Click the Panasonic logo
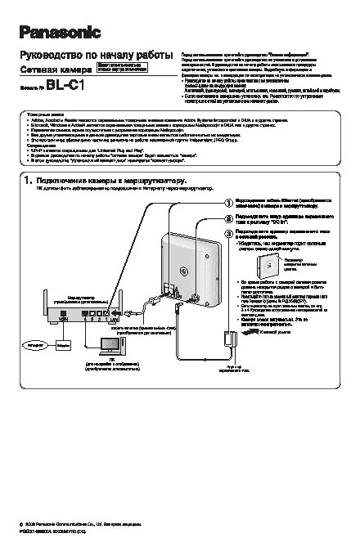tap(60, 32)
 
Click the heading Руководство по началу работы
tap(92, 55)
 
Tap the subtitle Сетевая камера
tap(55, 70)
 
